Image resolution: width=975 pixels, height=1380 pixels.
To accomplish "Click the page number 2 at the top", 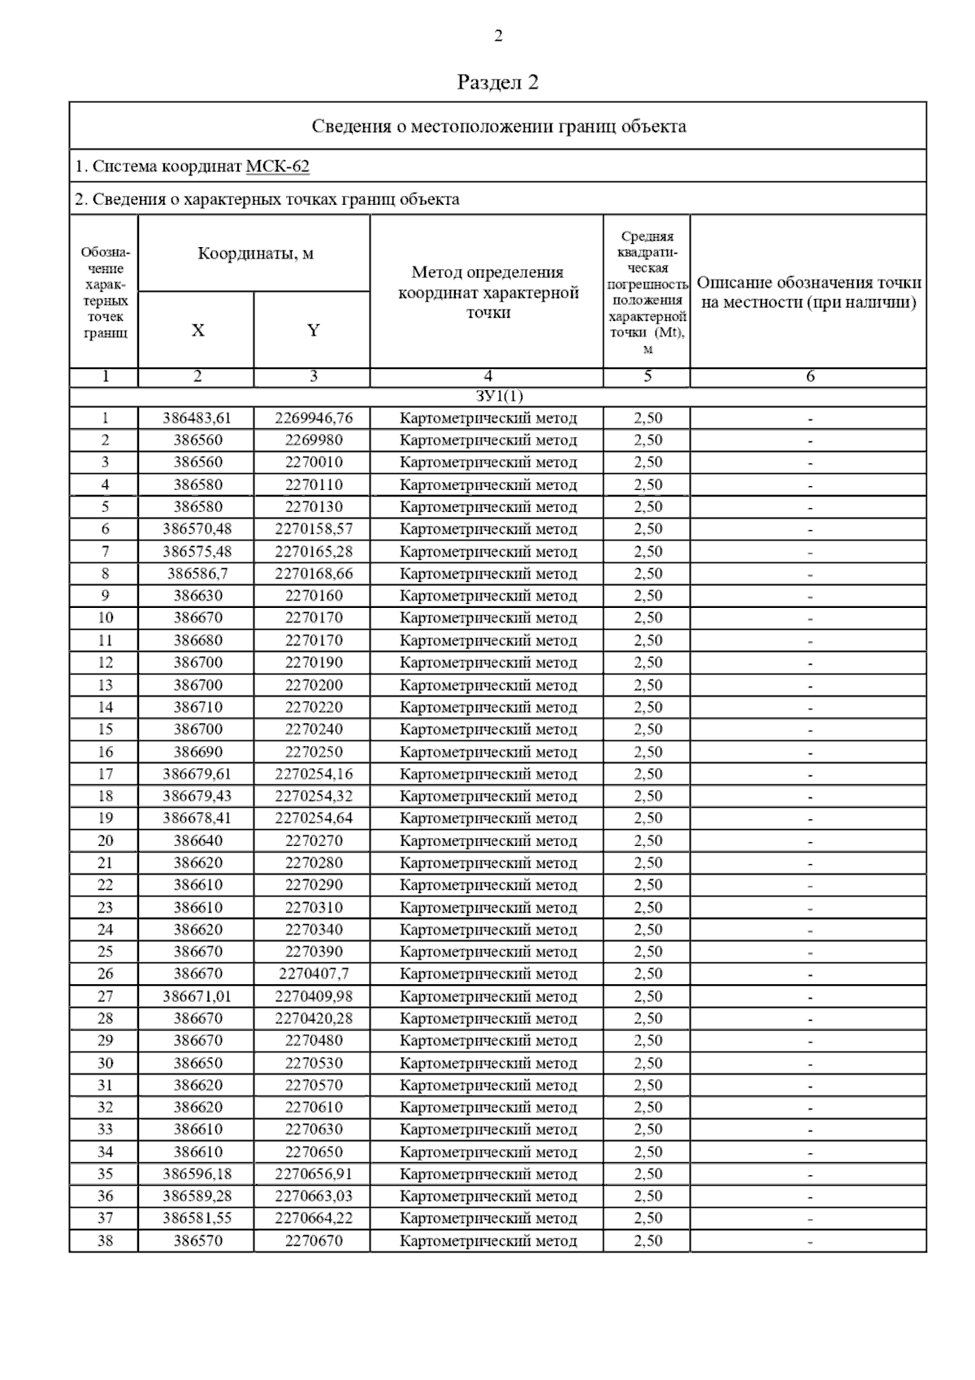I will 498,36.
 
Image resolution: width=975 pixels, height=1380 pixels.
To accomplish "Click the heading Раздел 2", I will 498,82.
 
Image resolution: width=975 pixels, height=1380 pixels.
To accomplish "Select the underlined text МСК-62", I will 277,167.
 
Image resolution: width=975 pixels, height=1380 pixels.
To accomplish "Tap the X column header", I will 197,330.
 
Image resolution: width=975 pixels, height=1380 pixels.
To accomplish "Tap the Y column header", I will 313,330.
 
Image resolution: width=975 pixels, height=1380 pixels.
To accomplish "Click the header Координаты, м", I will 255,254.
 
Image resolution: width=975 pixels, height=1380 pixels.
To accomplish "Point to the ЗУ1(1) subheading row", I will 498,397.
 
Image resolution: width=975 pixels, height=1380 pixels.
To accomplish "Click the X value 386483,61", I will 197,419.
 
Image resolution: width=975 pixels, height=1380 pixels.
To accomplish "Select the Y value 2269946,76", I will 314,419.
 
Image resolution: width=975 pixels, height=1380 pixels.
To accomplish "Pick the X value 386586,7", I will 197,574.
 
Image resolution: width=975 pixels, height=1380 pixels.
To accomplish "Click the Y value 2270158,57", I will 314,529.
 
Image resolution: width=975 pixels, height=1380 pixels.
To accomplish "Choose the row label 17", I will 105,774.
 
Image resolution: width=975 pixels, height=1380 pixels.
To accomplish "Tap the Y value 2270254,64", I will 314,818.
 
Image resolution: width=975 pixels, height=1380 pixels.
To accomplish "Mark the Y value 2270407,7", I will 314,974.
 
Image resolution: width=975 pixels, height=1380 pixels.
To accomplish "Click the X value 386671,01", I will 197,996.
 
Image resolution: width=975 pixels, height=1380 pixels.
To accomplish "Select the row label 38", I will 105,1241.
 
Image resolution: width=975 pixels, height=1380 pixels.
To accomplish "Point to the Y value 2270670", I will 314,1241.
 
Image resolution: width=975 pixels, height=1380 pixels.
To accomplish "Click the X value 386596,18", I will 197,1174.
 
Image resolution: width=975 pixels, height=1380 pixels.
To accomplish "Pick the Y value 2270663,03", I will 314,1196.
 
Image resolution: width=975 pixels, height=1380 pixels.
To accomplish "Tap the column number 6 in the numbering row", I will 809,377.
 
